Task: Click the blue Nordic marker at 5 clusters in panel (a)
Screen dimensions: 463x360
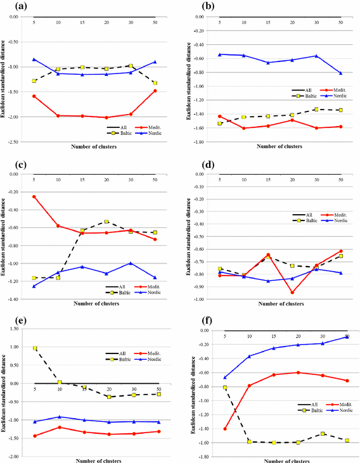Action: click(34, 60)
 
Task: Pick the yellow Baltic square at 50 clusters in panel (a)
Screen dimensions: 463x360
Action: click(155, 83)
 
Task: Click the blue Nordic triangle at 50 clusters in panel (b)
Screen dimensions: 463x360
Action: click(340, 73)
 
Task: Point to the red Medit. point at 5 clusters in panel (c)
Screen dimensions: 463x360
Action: click(34, 196)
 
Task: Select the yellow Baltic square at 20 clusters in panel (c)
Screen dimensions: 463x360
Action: click(106, 222)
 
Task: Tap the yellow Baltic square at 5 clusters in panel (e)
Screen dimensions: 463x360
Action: click(34, 348)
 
